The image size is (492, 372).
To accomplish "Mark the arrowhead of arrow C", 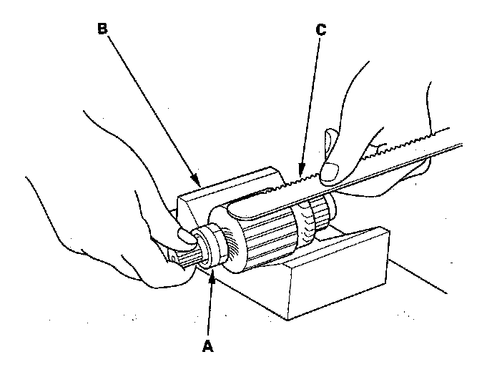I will [x=300, y=172].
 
